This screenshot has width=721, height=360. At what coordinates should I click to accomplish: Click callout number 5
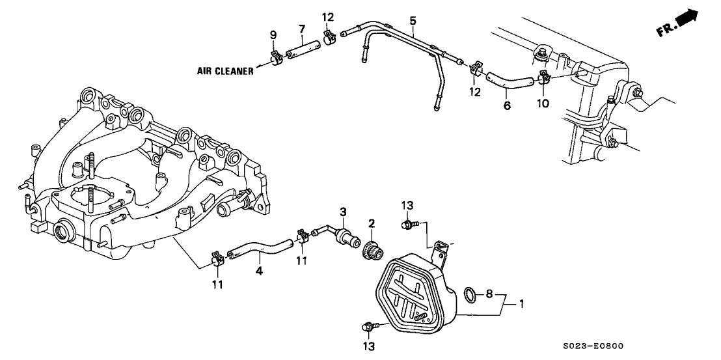click(413, 21)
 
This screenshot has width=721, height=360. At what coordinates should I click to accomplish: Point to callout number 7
click(301, 29)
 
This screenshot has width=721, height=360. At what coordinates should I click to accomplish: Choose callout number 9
click(273, 33)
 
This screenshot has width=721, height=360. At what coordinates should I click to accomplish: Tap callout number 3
click(344, 212)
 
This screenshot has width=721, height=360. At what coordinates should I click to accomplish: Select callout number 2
click(371, 223)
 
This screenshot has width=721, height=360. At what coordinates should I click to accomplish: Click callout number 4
click(258, 270)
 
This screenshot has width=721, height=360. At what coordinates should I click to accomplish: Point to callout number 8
click(490, 294)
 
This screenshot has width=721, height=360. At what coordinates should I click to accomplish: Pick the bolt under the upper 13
click(407, 225)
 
